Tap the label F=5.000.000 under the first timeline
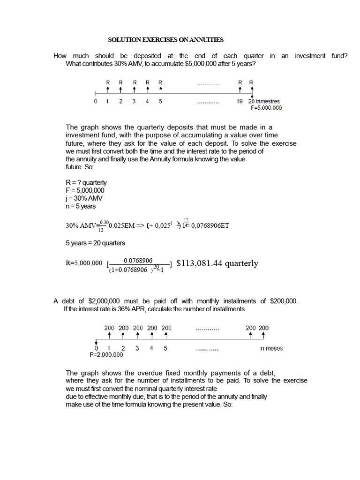[x=267, y=107]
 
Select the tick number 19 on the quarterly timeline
[x=240, y=101]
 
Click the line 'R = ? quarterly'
[x=86, y=182]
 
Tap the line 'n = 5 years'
[x=81, y=206]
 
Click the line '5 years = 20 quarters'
[x=95, y=243]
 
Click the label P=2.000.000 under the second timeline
[x=106, y=355]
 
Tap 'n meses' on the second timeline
[x=271, y=348]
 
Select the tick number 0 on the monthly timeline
[x=97, y=348]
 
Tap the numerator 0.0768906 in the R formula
[x=138, y=260]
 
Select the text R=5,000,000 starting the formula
[x=84, y=263]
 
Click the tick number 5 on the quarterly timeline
[x=160, y=101]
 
